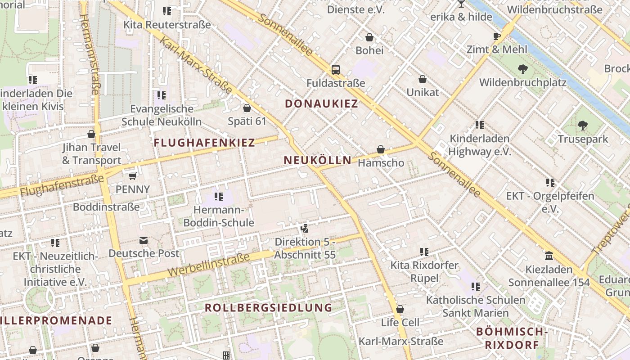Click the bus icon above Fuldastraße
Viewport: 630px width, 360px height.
(336, 70)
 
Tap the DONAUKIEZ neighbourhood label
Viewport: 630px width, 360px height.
(322, 104)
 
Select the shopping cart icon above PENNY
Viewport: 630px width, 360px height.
(132, 176)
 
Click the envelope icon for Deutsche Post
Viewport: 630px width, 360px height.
(144, 240)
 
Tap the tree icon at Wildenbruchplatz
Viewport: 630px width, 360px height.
(522, 69)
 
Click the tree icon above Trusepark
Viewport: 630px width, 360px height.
(583, 126)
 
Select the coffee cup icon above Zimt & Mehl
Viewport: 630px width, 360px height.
(497, 36)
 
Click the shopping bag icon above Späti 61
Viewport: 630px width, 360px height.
(247, 108)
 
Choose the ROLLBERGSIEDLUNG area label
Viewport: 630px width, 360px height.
(268, 308)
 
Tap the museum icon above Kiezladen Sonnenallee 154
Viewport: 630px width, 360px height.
(549, 256)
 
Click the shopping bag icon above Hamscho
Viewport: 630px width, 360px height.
(381, 149)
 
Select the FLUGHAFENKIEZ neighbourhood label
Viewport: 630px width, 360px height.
(204, 143)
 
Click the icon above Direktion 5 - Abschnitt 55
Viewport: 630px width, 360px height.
(305, 229)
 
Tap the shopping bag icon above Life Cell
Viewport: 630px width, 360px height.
(400, 309)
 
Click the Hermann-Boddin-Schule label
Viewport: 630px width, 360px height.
(219, 216)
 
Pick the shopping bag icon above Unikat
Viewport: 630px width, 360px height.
(422, 79)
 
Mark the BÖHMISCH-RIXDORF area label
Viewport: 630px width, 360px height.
(512, 338)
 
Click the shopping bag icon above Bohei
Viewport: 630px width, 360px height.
(369, 37)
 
